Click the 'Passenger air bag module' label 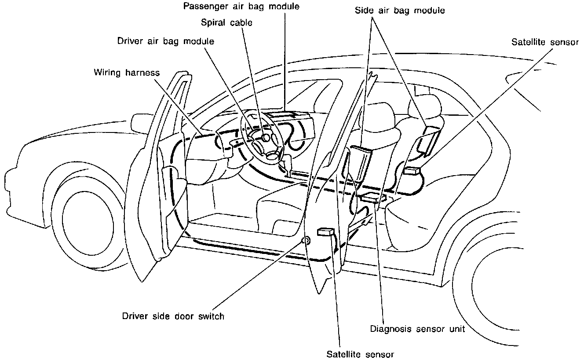pos(241,7)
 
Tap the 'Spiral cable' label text pos(227,22)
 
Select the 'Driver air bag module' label pos(166,41)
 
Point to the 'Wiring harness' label pos(127,72)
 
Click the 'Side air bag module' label pos(400,10)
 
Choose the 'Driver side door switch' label pos(173,316)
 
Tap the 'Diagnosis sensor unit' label pos(417,328)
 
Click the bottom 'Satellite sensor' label pos(361,354)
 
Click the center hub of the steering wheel pos(266,138)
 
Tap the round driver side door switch pos(306,240)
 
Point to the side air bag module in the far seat pos(427,140)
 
